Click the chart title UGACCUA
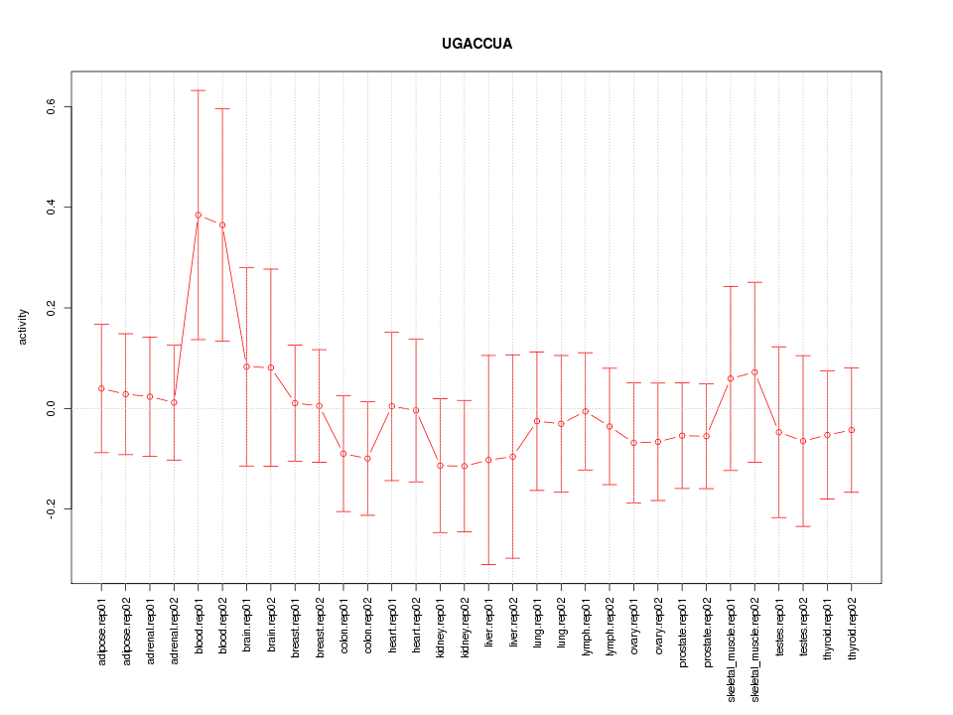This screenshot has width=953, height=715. tap(476, 45)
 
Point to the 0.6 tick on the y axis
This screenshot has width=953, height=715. tap(50, 106)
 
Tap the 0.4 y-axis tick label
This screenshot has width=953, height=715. tap(50, 208)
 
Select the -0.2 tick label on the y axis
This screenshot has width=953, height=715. tap(50, 508)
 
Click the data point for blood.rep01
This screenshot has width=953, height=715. tap(199, 214)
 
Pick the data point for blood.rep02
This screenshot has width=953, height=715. tap(222, 224)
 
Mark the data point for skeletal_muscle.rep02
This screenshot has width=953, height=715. tap(754, 372)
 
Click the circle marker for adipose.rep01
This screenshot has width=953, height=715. tap(101, 388)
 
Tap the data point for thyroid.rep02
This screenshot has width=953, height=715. tap(852, 430)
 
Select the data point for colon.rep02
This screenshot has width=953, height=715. tap(367, 458)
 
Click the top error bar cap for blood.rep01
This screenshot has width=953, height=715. tap(199, 90)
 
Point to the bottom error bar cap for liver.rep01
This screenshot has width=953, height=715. tap(488, 564)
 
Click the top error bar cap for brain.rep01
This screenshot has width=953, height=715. tap(246, 267)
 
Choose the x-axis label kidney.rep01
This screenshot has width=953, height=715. tap(440, 626)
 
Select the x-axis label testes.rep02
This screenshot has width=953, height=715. tap(803, 626)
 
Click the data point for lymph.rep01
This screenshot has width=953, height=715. tap(586, 411)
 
